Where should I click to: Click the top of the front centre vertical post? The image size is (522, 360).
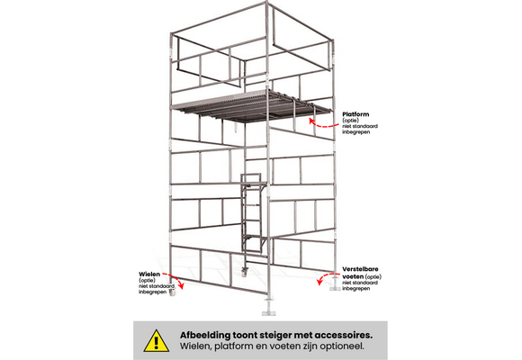click(x=267, y=8)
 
